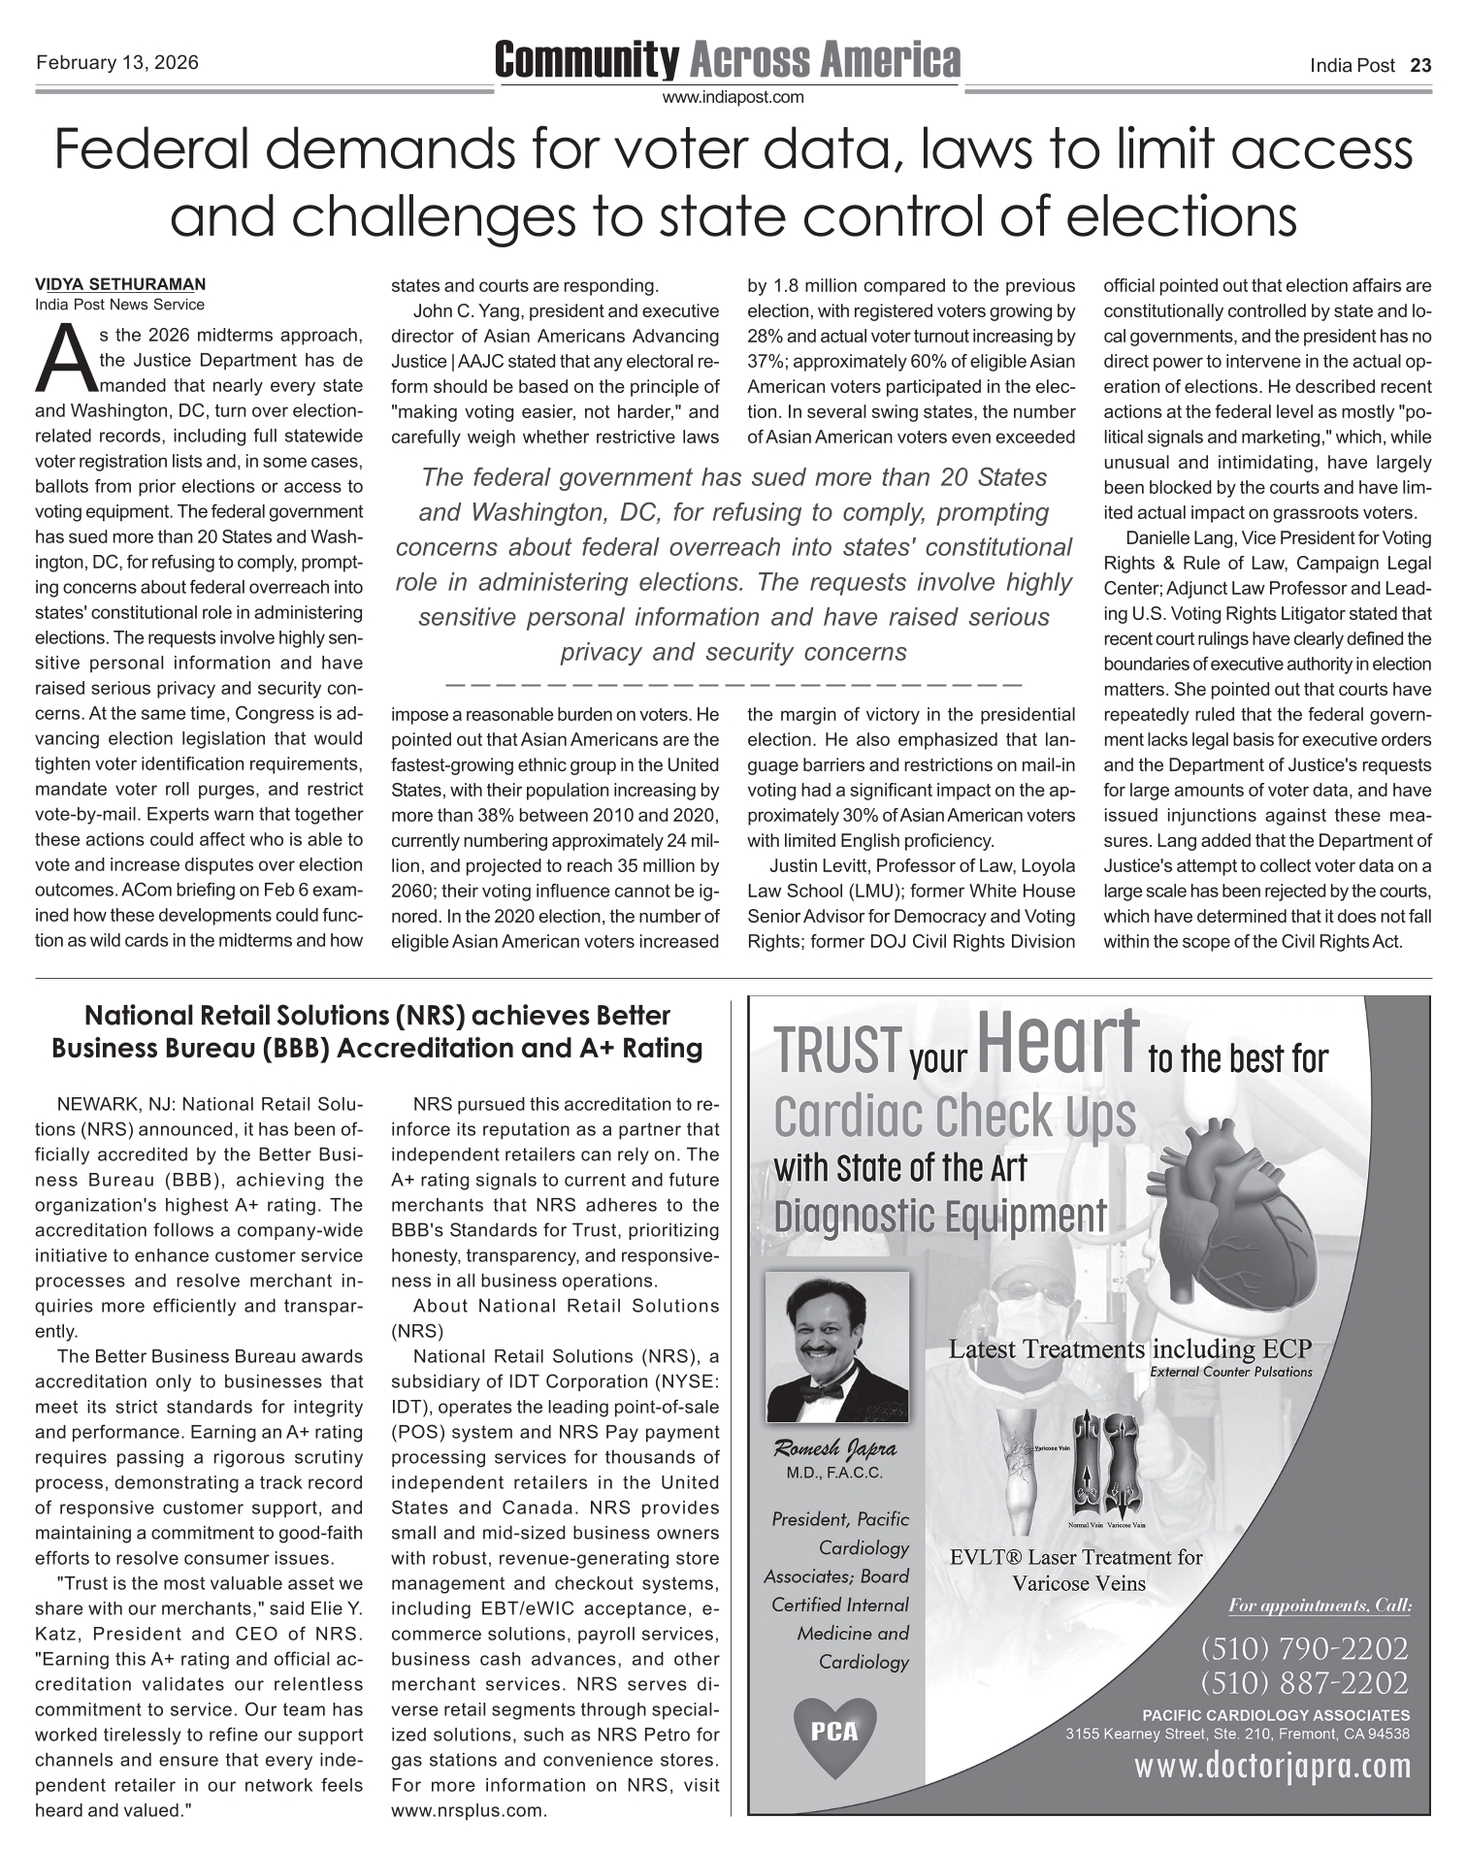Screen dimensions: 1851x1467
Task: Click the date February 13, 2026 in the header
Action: click(x=117, y=64)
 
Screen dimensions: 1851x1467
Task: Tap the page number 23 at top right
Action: click(x=1420, y=66)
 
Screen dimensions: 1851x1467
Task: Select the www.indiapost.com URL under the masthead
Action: click(x=733, y=97)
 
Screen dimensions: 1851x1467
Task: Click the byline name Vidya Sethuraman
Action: click(x=120, y=285)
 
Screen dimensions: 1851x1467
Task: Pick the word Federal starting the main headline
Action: click(x=155, y=151)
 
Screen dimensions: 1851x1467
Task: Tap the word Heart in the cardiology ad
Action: click(x=1058, y=1040)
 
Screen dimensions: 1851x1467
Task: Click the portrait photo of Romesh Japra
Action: click(x=837, y=1347)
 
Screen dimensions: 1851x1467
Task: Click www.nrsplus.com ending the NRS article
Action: click(x=469, y=1810)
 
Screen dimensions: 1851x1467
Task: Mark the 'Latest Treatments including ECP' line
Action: click(x=1129, y=1349)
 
